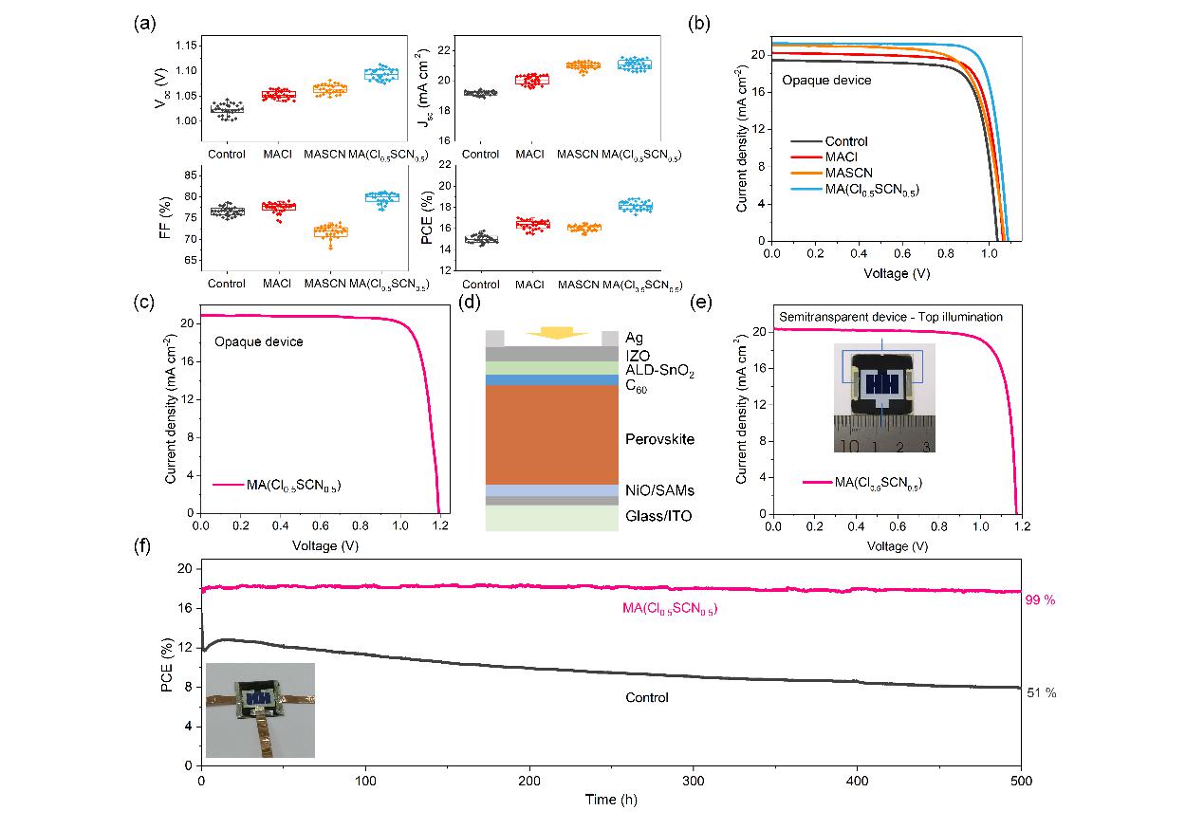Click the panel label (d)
(467, 304)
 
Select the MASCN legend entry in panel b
(846, 174)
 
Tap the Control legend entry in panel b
(846, 141)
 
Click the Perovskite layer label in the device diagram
(659, 439)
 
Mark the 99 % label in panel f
(1041, 600)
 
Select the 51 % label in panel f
(1041, 693)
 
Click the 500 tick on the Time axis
(1020, 781)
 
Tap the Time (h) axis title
(611, 801)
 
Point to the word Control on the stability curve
(646, 697)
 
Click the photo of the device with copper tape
(259, 709)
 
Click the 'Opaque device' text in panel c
(258, 341)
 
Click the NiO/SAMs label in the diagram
(660, 490)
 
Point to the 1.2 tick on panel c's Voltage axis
(439, 524)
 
